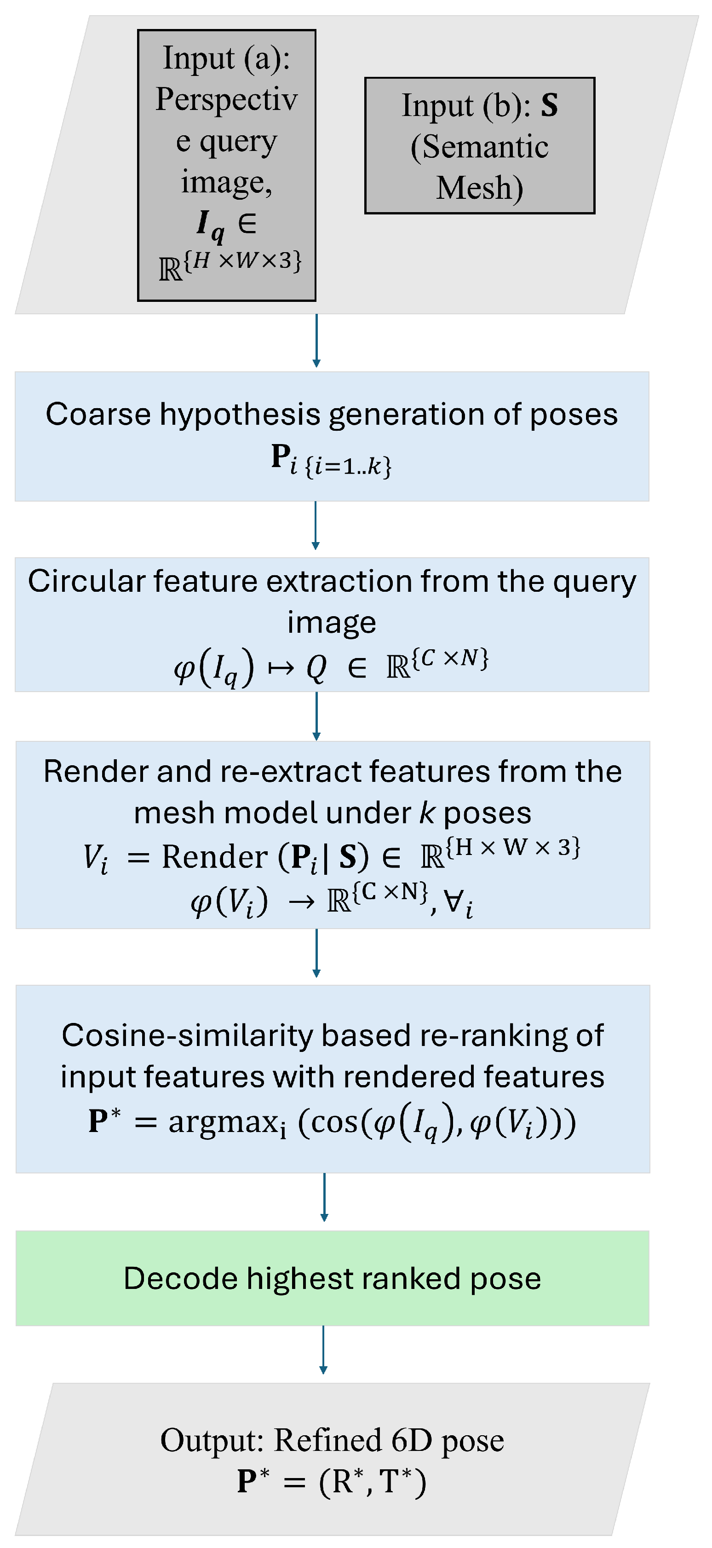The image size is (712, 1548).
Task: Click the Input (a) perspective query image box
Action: coord(226,165)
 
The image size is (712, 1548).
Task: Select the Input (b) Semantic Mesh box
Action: coord(479,145)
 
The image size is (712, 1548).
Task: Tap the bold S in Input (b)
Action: coord(549,105)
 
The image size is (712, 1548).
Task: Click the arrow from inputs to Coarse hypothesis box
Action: coord(316,340)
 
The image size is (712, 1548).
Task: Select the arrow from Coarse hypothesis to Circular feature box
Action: coord(316,526)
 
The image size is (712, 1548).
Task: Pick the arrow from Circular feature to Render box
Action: coord(316,716)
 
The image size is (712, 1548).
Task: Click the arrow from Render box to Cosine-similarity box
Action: coord(316,953)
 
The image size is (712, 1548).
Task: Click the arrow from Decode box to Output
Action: coord(323,1350)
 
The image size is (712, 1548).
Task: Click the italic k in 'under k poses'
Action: coord(426,813)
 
